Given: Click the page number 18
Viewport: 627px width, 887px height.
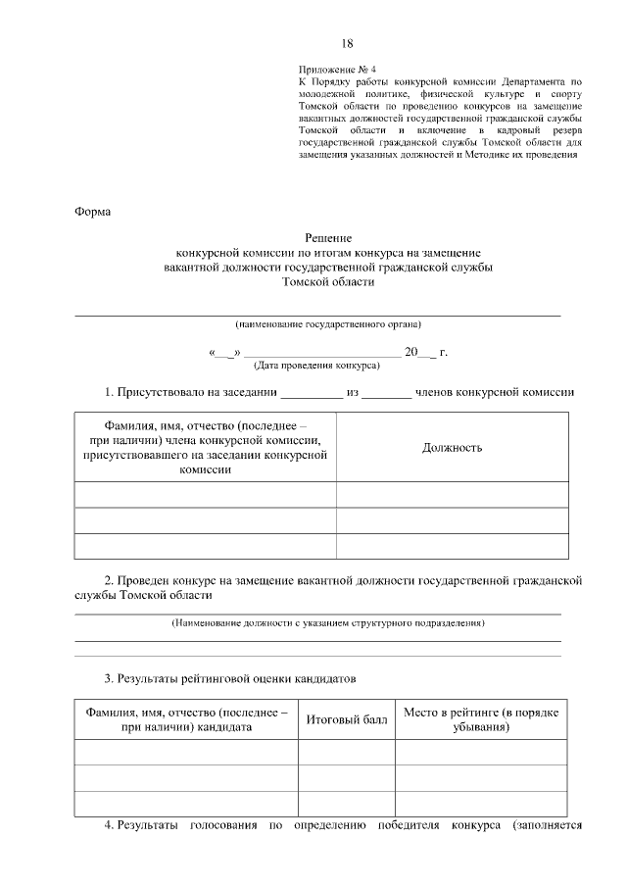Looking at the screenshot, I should [347, 43].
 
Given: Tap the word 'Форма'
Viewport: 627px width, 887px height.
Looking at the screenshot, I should [93, 212].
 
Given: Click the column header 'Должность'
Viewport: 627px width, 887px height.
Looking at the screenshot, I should [452, 448].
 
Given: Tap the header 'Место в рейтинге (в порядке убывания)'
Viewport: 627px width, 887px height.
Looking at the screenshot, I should [480, 719].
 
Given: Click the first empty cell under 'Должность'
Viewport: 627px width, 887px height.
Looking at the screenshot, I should [452, 494].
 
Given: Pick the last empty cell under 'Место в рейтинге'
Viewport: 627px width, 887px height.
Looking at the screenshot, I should [480, 804].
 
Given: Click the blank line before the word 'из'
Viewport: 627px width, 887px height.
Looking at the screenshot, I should [312, 395].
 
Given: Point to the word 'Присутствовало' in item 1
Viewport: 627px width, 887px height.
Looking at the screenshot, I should [161, 393].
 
